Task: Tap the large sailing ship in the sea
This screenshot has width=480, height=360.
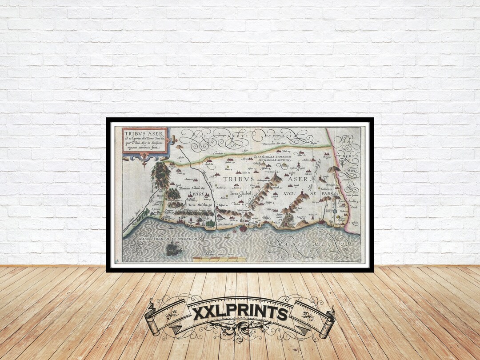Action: point(174,249)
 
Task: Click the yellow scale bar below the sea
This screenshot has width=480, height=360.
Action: point(220,258)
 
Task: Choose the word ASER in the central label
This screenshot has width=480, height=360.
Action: point(301,179)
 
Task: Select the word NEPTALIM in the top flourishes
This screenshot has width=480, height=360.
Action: point(289,135)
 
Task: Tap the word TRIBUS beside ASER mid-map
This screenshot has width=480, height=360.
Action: point(239,179)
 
